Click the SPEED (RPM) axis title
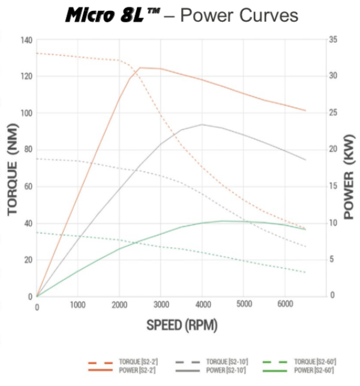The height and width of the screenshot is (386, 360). click(x=182, y=325)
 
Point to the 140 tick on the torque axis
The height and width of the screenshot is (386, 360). click(x=26, y=40)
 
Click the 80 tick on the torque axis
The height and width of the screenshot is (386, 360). click(x=28, y=150)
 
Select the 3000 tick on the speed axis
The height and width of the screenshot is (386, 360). click(x=161, y=305)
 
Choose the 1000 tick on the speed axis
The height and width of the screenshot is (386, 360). click(x=79, y=305)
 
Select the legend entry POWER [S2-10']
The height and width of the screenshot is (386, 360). click(x=227, y=370)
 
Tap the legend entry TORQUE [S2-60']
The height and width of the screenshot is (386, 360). click(x=314, y=362)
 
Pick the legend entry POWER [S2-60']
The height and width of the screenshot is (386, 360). click(x=314, y=370)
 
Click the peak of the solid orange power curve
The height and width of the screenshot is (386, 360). click(x=140, y=68)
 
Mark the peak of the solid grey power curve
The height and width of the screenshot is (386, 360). click(x=202, y=125)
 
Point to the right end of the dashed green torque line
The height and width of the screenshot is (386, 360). click(x=306, y=273)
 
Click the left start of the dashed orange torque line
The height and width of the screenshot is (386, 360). click(x=37, y=53)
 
